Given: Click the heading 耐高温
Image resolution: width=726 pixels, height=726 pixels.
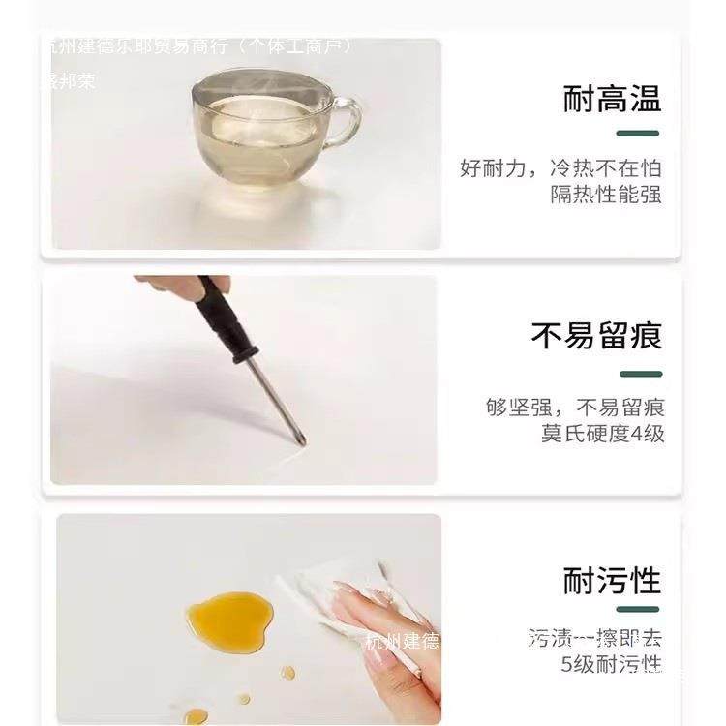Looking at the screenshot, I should click(612, 99).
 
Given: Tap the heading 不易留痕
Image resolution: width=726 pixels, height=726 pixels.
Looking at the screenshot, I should click(596, 336).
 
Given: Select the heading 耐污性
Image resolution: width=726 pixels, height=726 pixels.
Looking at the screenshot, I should click(612, 581).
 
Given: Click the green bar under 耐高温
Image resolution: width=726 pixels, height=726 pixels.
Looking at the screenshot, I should click(638, 133).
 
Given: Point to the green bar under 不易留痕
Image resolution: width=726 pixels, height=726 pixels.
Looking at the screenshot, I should click(638, 374).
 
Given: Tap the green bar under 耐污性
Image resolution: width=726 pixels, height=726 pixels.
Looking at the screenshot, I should click(638, 610).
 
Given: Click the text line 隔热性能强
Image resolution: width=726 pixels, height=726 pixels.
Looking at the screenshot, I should click(606, 194).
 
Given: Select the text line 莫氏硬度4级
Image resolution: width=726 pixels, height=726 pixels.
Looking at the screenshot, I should click(602, 434).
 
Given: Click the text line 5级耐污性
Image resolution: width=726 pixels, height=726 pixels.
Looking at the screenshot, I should click(612, 664).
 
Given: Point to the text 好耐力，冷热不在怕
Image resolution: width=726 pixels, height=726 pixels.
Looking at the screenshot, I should click(560, 167).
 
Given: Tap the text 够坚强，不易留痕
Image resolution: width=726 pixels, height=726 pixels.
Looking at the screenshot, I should click(575, 408).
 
